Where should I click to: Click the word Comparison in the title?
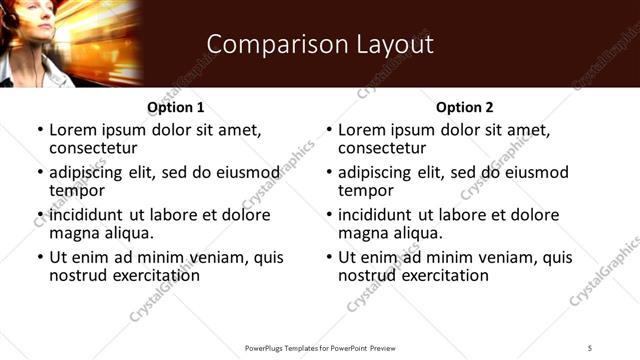pos(264,44)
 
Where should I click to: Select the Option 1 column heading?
pos(176,107)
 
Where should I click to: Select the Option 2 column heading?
pos(465,107)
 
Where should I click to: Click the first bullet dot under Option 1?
pos(39,130)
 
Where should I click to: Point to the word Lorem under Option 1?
pos(71,130)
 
